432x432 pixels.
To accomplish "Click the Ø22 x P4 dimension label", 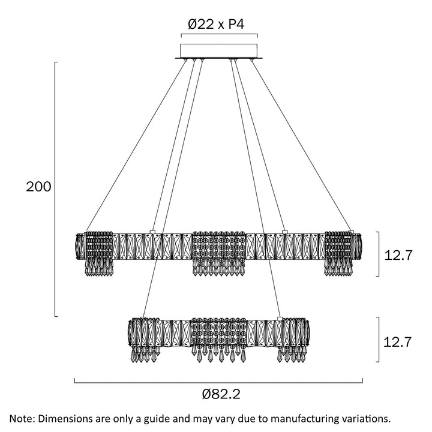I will tap(218, 25).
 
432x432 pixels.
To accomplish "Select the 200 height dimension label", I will tap(38, 187).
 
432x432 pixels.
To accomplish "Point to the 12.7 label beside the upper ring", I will tap(398, 255).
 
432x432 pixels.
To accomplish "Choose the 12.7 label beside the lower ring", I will tap(398, 342).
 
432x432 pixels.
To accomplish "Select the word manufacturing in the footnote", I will tap(299, 418).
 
